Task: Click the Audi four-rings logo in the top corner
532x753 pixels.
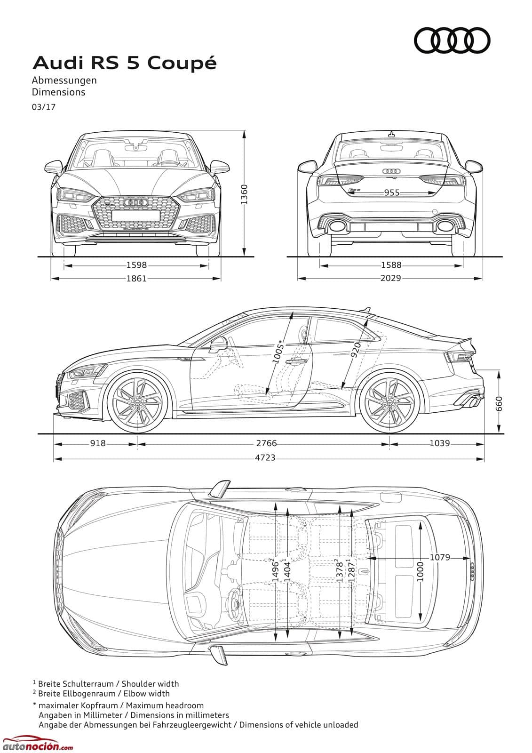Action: [x=452, y=40]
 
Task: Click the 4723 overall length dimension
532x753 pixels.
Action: [x=265, y=457]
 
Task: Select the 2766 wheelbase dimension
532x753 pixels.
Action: [x=267, y=443]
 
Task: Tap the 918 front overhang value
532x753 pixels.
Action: [x=98, y=443]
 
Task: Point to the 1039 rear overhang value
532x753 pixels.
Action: [x=440, y=443]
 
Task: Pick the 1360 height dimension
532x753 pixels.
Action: [x=244, y=194]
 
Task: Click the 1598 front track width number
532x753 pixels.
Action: [x=136, y=265]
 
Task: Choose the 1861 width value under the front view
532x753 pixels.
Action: [x=136, y=278]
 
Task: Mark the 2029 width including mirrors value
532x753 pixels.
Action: [x=391, y=278]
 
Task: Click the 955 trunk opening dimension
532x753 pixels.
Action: [x=392, y=192]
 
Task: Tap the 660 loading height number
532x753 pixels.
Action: [x=499, y=403]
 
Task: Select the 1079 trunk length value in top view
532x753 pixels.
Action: [x=440, y=557]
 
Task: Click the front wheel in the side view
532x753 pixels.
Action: [x=137, y=403]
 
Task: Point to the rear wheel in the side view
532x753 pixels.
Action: [x=389, y=403]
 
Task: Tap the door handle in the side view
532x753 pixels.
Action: [x=296, y=362]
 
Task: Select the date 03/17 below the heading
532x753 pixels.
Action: [x=44, y=107]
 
